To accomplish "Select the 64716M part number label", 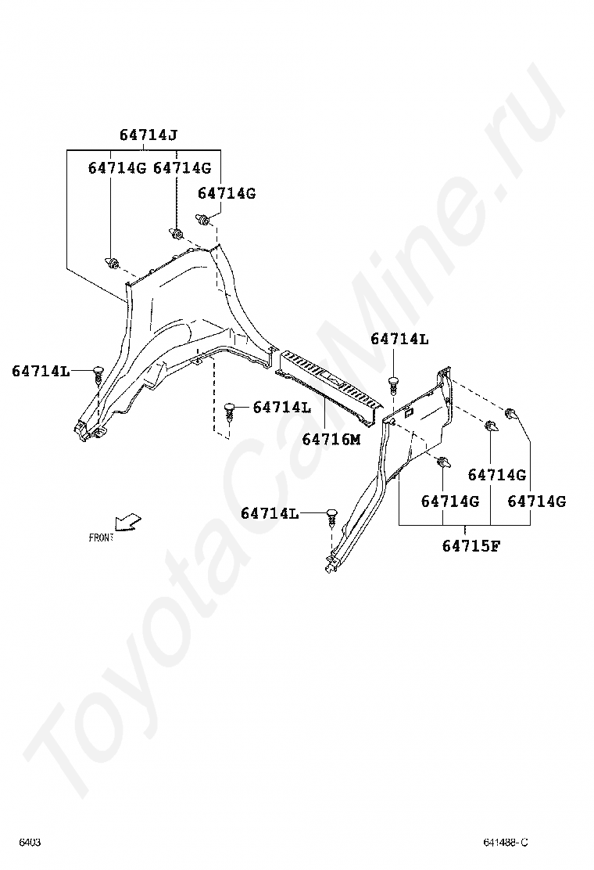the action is click(331, 439).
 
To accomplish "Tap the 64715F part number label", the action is click(471, 545).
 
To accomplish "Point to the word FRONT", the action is click(101, 537).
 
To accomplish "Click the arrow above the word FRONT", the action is click(127, 520).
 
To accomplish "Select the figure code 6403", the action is click(30, 842).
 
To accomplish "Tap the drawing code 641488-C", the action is click(505, 842).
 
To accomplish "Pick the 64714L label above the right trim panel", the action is click(399, 339).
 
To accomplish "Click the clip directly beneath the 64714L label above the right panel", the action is click(393, 383).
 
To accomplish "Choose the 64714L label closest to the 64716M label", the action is click(282, 407).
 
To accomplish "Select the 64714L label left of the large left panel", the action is click(41, 371).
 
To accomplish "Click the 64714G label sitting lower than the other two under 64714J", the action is click(227, 192).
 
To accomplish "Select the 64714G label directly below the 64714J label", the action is click(182, 167).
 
